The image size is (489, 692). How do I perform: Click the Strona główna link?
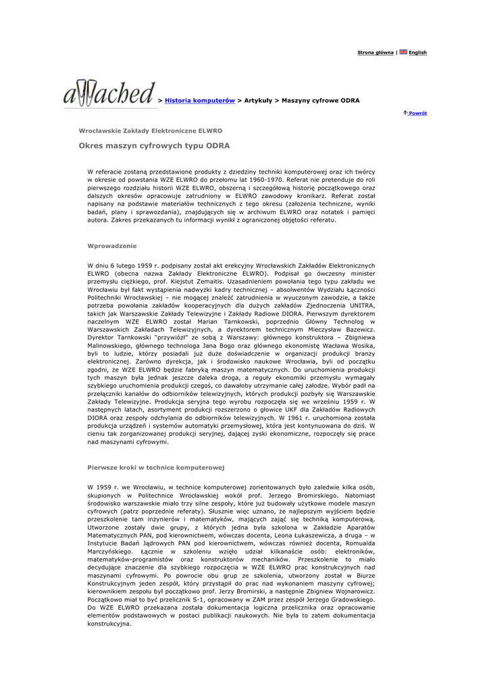pyautogui.click(x=375, y=53)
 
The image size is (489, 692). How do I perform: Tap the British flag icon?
pyautogui.click(x=403, y=52)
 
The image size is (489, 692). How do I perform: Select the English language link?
pyautogui.click(x=417, y=53)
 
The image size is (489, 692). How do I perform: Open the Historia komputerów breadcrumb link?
pyautogui.click(x=199, y=100)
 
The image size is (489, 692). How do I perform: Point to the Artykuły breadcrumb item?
pyautogui.click(x=257, y=100)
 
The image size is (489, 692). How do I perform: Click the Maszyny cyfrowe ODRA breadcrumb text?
pyautogui.click(x=321, y=100)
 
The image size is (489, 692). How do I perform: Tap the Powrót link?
pyautogui.click(x=417, y=114)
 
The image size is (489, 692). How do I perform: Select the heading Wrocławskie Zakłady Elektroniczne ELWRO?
pyautogui.click(x=151, y=130)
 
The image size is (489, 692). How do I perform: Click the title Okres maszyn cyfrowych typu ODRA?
pyautogui.click(x=154, y=145)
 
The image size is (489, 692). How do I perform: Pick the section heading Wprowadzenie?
pyautogui.click(x=112, y=245)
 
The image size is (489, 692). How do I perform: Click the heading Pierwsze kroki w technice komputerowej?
pyautogui.click(x=156, y=467)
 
